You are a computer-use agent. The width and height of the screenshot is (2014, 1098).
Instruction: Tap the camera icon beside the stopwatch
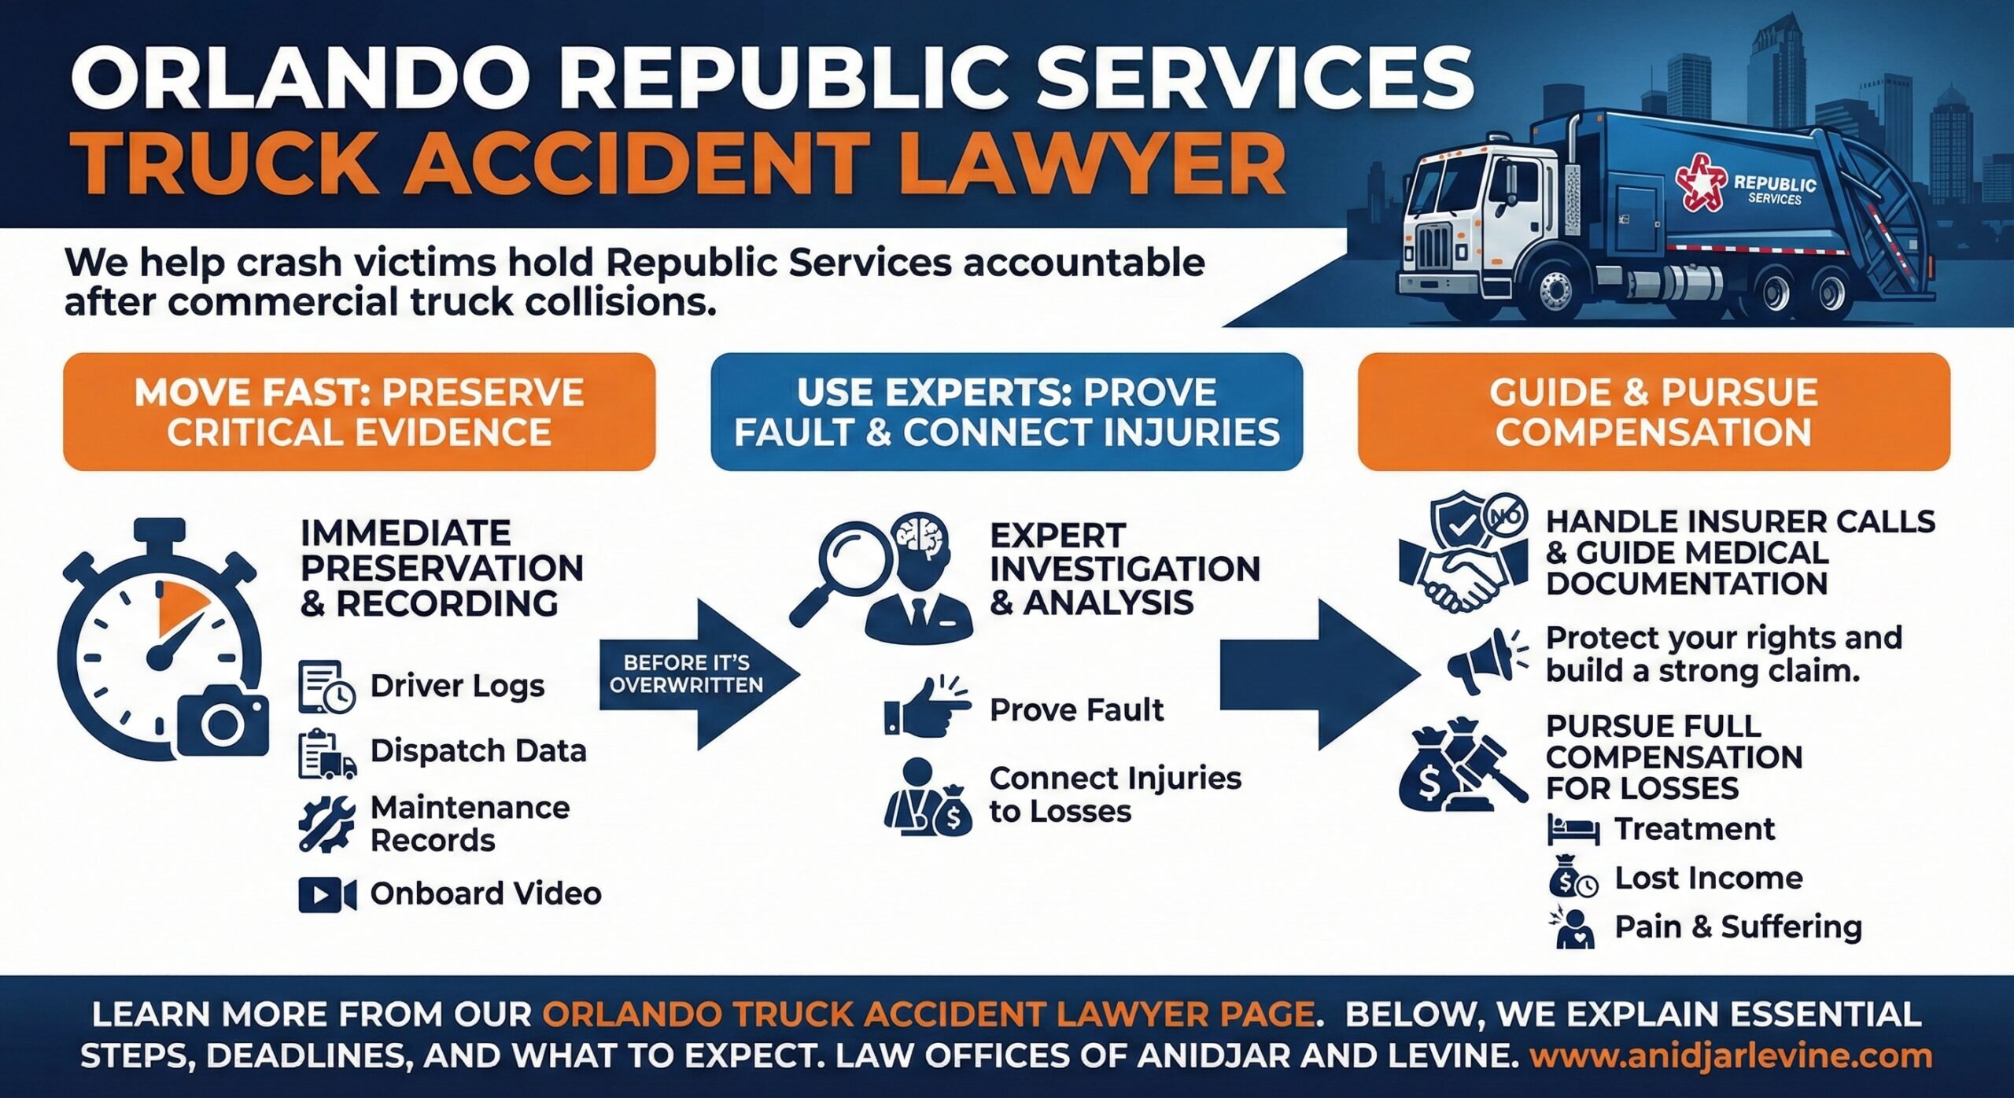click(223, 720)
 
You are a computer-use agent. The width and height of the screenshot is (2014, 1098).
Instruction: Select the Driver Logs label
click(457, 686)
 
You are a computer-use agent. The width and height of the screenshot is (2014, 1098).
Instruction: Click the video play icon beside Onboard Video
click(326, 894)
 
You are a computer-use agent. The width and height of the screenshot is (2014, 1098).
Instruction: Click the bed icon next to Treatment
click(1573, 831)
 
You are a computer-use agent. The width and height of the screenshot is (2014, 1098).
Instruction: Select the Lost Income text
click(1708, 878)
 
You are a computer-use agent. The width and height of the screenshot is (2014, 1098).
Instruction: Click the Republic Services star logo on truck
click(1702, 182)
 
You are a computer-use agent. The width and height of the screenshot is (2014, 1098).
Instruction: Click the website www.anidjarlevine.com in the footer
click(1731, 1056)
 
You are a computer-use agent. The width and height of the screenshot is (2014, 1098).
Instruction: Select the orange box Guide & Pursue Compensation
click(1653, 411)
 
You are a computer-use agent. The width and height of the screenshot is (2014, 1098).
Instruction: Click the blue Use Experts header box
click(1006, 411)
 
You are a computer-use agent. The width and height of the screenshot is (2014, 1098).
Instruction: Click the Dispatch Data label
click(478, 751)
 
